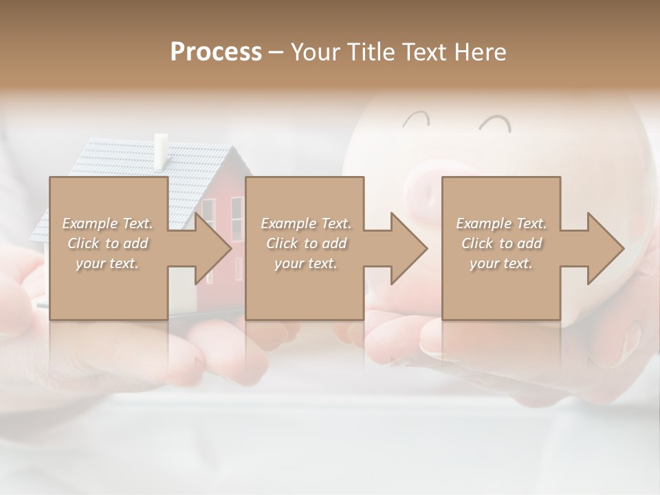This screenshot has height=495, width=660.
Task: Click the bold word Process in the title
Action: coord(216,52)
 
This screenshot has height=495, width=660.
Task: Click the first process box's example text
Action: coord(107,243)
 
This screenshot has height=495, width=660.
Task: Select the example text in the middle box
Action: coord(305,243)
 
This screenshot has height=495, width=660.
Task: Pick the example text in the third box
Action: coord(501,243)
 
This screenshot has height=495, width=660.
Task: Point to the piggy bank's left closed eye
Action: coord(415,121)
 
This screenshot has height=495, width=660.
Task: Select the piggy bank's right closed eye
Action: coord(496,124)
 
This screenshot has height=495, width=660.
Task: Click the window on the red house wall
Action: coord(236,217)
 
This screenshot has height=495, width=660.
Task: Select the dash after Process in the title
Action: coord(276,52)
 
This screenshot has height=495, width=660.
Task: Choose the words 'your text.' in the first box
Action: coord(107,263)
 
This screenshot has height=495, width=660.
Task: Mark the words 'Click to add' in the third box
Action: coord(501,243)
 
